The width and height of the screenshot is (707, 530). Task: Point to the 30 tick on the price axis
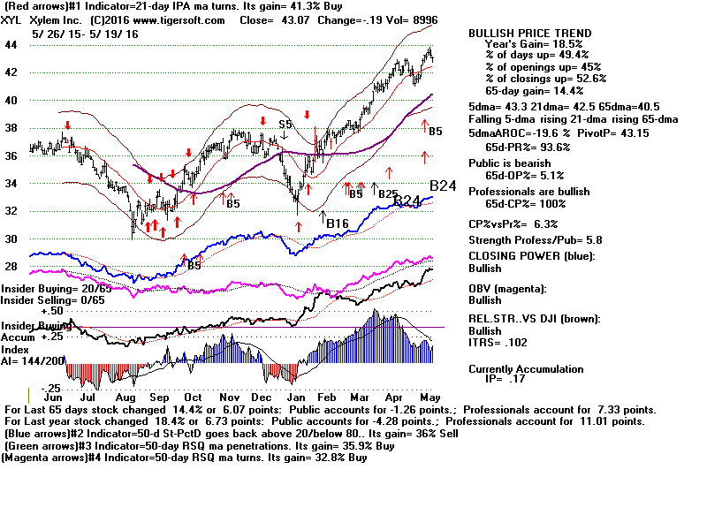11,238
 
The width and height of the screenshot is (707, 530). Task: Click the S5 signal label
285,125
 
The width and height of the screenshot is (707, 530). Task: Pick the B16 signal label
337,223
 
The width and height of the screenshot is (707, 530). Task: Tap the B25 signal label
387,193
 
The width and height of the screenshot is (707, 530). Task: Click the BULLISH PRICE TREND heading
530,34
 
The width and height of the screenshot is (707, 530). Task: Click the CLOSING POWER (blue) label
531,256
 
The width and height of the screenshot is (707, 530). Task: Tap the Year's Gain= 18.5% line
533,44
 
